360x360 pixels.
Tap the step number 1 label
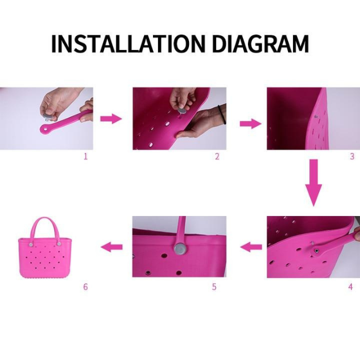tap(85, 156)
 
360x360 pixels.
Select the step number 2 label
tap(217, 156)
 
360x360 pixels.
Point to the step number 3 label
tap(352, 156)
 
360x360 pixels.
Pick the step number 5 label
tap(214, 287)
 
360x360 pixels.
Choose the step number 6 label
tap(85, 287)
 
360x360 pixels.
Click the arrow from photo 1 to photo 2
tap(111, 118)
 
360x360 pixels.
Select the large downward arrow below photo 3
tap(314, 182)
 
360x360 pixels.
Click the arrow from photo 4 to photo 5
tap(251, 246)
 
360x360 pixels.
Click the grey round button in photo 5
tap(180, 248)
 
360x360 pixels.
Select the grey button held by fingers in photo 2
tap(183, 112)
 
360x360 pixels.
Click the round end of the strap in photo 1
tap(44, 128)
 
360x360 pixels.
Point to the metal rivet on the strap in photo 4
tap(316, 249)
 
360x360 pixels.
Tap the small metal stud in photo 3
tap(316, 116)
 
